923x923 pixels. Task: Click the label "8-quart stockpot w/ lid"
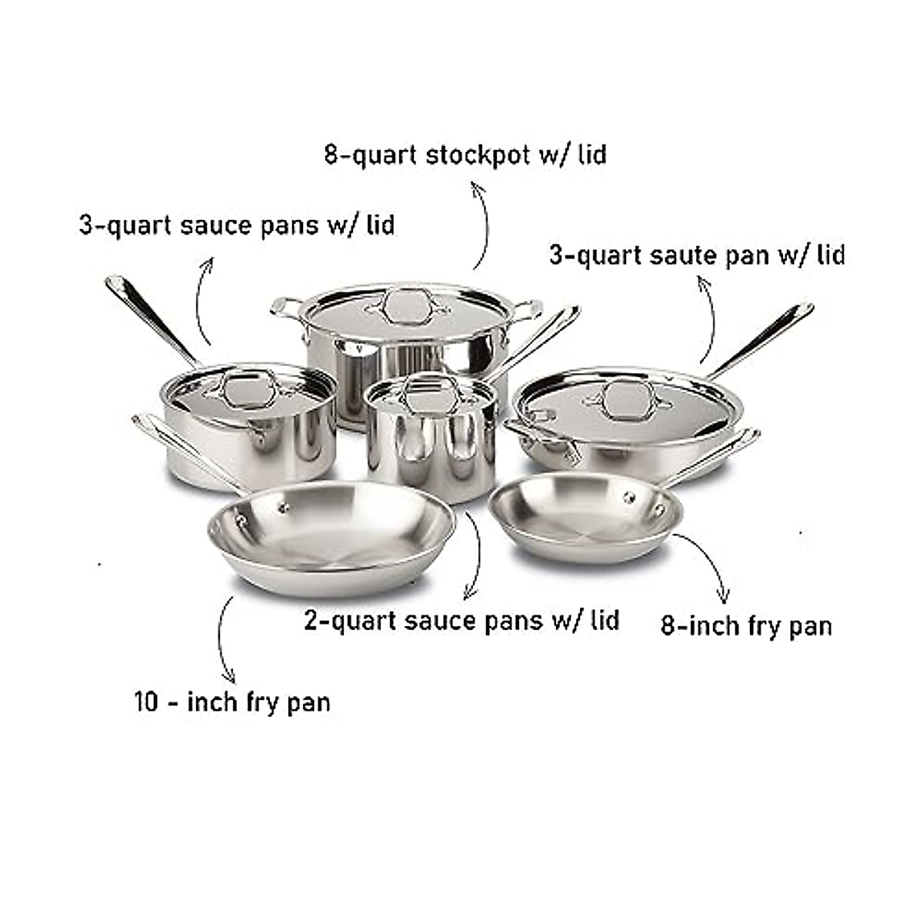(x=465, y=155)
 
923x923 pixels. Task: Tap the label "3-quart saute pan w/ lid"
(x=697, y=255)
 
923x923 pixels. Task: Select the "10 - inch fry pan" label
(x=232, y=701)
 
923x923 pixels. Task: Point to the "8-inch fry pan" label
(x=747, y=625)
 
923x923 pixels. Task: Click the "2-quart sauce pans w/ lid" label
(x=461, y=620)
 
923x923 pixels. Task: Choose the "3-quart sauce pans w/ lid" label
(x=237, y=225)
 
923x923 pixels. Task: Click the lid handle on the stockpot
(x=406, y=307)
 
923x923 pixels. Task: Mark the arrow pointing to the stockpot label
(x=483, y=227)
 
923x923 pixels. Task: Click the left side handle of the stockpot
(x=286, y=308)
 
